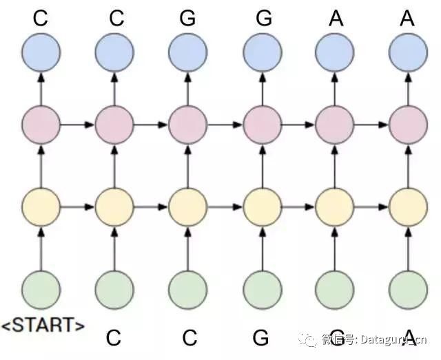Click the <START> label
tap(43, 325)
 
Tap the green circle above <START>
tap(41, 290)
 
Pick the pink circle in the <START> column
tap(41, 125)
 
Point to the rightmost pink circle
tap(408, 125)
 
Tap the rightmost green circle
tap(408, 290)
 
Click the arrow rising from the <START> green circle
tap(41, 248)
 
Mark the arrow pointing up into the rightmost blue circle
tap(408, 88)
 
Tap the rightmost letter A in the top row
tap(407, 18)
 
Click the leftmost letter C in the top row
tap(41, 18)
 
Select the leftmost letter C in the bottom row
tap(114, 337)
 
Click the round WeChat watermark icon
tap(309, 339)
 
